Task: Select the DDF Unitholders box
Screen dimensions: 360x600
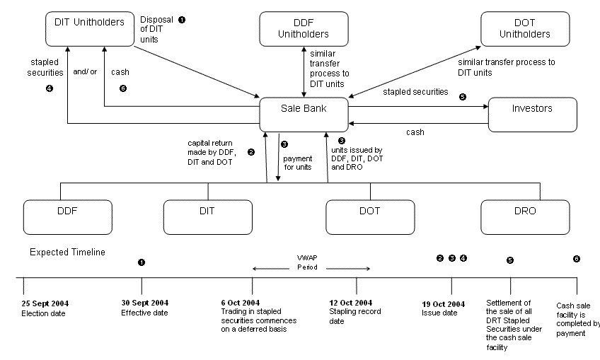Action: pos(304,29)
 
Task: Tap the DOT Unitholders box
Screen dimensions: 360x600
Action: pos(526,29)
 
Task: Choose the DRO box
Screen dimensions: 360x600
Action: pos(525,211)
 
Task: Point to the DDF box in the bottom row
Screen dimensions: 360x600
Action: pos(69,211)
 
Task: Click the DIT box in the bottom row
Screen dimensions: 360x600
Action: pos(209,211)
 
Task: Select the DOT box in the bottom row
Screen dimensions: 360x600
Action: pos(369,211)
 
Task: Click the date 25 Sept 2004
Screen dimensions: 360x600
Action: pos(45,304)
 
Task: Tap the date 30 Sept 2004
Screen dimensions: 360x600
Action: pos(145,304)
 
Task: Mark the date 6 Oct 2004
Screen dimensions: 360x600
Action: pos(242,304)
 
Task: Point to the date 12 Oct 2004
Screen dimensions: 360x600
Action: pos(351,303)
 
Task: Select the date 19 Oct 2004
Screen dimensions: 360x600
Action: pos(444,304)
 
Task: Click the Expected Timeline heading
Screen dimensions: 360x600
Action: pos(67,252)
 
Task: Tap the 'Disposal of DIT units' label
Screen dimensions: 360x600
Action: pos(155,30)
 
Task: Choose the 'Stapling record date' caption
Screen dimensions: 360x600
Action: pos(355,316)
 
